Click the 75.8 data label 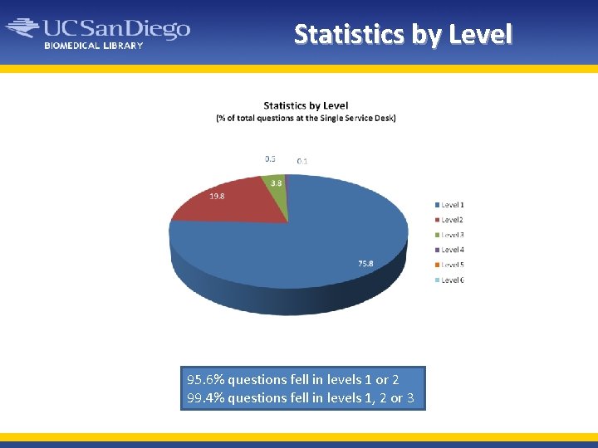click(365, 263)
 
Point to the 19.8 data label click(216, 196)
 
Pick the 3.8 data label click(277, 183)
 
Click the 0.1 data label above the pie click(302, 161)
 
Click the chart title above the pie click(306, 105)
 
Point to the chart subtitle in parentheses click(306, 118)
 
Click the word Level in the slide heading click(480, 34)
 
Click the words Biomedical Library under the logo click(94, 46)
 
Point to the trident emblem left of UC click(23, 29)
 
